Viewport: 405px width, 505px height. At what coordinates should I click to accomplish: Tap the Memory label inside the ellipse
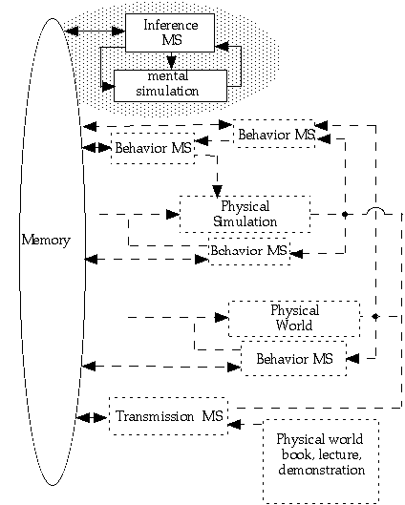[x=46, y=241]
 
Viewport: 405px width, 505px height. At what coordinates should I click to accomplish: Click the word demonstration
[x=322, y=470]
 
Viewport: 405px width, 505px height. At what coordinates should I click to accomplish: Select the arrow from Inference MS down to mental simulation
[x=171, y=60]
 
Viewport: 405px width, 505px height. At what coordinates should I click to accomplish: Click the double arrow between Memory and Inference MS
[x=95, y=31]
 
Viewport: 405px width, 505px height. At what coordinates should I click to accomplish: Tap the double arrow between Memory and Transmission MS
[x=92, y=418]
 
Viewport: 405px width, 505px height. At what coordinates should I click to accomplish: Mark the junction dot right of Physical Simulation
[x=345, y=214]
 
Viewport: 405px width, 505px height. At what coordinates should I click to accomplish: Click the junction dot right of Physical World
[x=375, y=317]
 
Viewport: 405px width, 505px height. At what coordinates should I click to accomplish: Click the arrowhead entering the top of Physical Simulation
[x=217, y=191]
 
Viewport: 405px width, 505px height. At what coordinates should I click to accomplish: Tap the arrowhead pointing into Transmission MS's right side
[x=234, y=424]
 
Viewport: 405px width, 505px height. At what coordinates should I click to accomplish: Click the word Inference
[x=171, y=25]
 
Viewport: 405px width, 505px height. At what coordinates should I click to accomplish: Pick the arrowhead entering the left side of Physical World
[x=222, y=317]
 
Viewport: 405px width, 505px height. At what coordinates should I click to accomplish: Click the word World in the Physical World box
[x=294, y=326]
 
